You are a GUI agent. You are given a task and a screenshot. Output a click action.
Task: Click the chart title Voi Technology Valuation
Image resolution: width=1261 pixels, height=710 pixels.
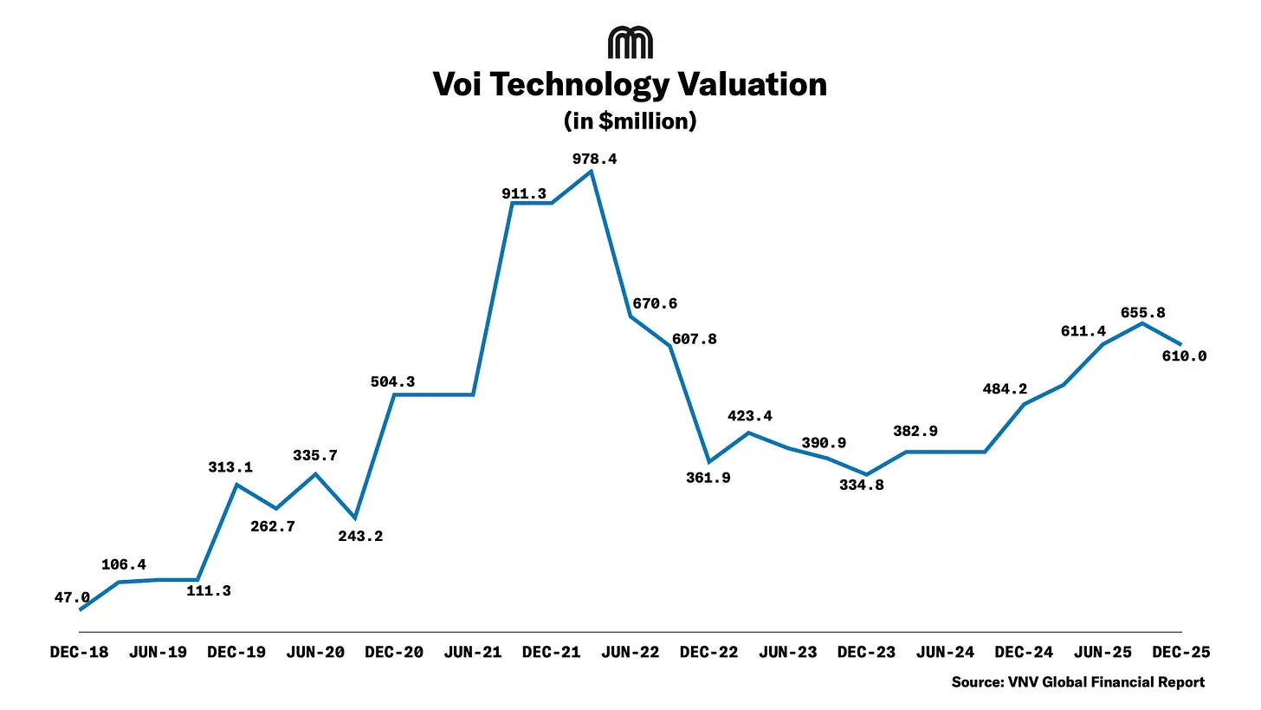(x=630, y=84)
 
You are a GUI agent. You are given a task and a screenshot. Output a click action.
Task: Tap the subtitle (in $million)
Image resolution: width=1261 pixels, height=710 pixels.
(x=630, y=121)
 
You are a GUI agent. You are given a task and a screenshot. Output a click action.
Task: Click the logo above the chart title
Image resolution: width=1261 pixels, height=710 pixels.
(x=630, y=42)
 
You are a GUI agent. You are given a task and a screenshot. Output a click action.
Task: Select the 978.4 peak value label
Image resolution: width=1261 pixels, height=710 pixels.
(x=594, y=159)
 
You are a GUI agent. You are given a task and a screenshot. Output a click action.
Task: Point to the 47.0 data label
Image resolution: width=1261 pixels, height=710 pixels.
(x=72, y=597)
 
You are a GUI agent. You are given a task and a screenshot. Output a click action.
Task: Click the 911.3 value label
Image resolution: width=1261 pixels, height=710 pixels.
(x=523, y=193)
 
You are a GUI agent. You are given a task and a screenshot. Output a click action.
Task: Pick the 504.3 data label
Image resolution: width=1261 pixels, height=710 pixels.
(x=391, y=381)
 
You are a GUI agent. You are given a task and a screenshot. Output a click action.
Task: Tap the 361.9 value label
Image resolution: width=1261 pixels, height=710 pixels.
(x=708, y=477)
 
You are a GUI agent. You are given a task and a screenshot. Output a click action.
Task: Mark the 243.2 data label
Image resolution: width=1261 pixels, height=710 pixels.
(x=360, y=536)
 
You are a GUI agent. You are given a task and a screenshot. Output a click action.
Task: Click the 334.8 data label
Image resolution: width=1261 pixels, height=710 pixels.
(x=862, y=485)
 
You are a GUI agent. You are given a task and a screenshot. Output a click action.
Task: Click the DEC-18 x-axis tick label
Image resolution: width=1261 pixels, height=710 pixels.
(x=79, y=652)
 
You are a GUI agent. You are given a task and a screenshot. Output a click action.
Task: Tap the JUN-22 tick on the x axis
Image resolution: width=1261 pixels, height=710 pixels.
(x=630, y=652)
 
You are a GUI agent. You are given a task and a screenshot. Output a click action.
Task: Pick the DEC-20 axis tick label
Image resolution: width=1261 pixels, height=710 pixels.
(x=394, y=652)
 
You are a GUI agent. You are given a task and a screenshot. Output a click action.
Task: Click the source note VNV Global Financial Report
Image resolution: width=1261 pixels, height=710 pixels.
(x=1077, y=681)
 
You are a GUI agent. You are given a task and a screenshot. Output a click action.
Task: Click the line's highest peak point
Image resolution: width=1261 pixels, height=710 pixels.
(x=591, y=171)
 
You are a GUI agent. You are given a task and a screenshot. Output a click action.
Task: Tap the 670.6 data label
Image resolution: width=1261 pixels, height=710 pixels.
(x=655, y=303)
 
